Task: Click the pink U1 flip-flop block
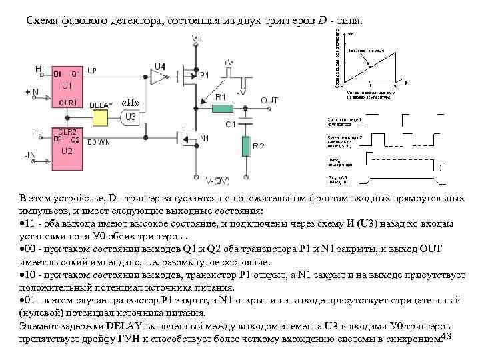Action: click(67, 87)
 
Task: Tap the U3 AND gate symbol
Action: click(131, 117)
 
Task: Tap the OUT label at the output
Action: click(269, 100)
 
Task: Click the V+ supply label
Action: click(197, 39)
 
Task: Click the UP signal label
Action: click(93, 70)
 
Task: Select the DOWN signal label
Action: click(97, 142)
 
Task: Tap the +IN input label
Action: click(33, 91)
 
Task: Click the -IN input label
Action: click(31, 155)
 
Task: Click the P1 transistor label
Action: click(205, 75)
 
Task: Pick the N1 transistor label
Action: click(204, 138)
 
